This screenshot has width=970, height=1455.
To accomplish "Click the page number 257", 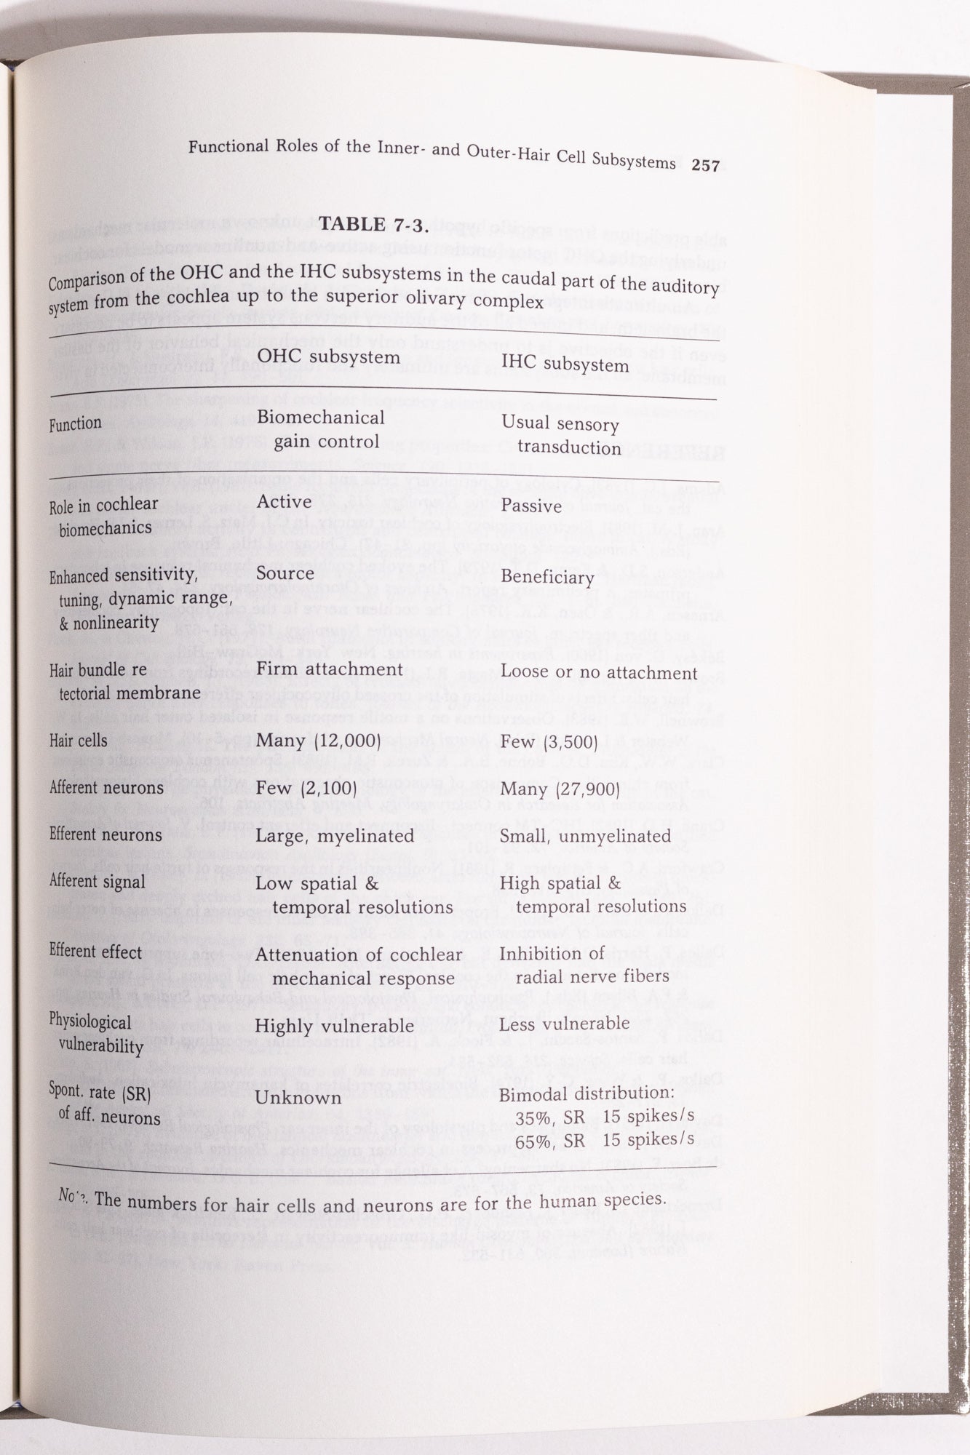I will pyautogui.click(x=705, y=165).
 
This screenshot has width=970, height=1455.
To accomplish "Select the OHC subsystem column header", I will pyautogui.click(x=328, y=357).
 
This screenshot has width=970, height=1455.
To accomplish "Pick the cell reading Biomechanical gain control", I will pyautogui.click(x=320, y=429).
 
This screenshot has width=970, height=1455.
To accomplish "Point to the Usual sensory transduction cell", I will pyautogui.click(x=561, y=435).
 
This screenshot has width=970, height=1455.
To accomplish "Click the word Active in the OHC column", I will pyautogui.click(x=284, y=502).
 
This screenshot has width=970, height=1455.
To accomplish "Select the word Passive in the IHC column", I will pyautogui.click(x=531, y=506).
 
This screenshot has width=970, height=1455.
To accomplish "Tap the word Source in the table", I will pyautogui.click(x=285, y=573).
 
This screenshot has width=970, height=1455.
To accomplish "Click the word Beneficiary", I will pyautogui.click(x=548, y=578).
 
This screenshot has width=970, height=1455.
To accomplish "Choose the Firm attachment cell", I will pyautogui.click(x=330, y=669).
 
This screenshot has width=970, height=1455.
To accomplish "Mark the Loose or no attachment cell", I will pyautogui.click(x=599, y=673).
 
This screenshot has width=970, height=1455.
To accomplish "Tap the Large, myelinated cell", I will pyautogui.click(x=335, y=836).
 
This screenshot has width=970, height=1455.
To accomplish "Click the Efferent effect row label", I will pyautogui.click(x=95, y=952).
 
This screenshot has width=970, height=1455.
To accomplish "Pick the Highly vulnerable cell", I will pyautogui.click(x=335, y=1026).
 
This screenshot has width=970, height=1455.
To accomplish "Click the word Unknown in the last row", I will pyautogui.click(x=298, y=1097).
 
